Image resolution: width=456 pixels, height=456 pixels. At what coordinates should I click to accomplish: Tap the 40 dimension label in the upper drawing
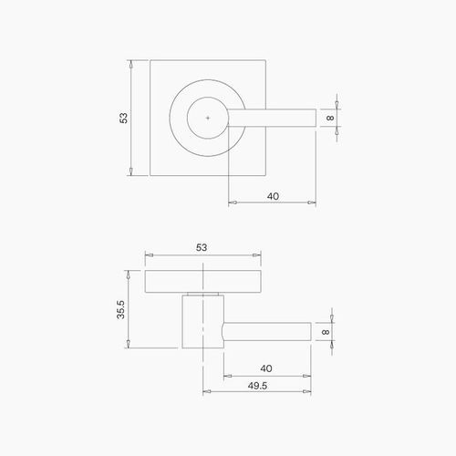point(273,196)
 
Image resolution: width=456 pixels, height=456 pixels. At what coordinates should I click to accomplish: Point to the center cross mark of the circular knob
point(209,118)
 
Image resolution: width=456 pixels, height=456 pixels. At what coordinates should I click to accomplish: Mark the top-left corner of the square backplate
point(150,60)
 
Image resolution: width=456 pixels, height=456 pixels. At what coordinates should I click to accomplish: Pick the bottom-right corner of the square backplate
point(266,176)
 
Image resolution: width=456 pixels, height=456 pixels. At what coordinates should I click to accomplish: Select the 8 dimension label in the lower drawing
point(326,332)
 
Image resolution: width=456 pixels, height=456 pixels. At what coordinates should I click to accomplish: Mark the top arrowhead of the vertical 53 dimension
point(133,63)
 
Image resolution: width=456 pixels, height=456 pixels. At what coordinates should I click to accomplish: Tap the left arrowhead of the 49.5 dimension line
point(204,392)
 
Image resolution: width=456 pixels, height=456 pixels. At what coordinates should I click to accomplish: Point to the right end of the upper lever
point(316,118)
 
